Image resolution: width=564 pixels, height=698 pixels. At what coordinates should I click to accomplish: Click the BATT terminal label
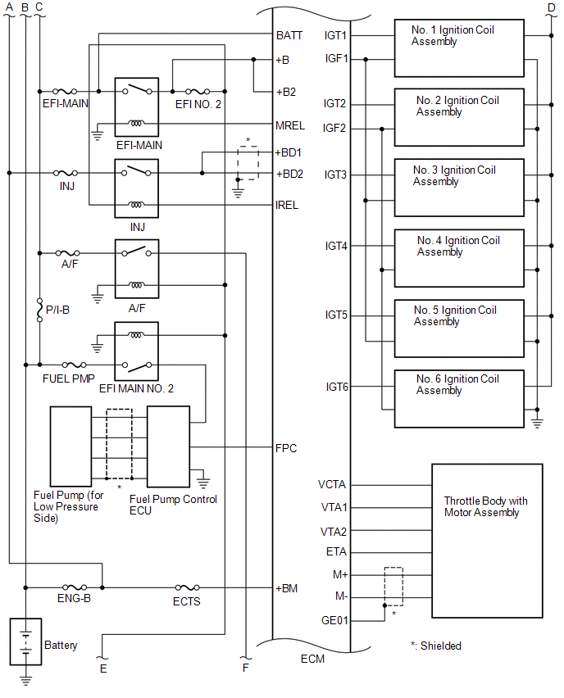click(289, 36)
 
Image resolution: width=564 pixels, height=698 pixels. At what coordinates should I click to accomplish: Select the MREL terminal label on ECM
click(291, 125)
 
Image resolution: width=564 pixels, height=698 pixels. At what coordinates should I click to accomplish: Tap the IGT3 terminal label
click(335, 174)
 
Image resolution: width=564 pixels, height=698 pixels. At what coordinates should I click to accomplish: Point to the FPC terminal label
click(287, 448)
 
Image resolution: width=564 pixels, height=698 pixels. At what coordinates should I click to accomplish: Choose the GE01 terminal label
click(335, 620)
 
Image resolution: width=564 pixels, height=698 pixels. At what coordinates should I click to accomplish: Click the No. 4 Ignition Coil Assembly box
click(458, 258)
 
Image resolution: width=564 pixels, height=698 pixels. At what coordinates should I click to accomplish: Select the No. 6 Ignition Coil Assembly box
click(458, 398)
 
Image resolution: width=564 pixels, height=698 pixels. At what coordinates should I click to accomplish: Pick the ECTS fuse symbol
click(187, 588)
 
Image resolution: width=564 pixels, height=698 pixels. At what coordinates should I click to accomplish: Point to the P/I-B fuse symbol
click(40, 310)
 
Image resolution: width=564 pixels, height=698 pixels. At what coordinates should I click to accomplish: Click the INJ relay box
click(137, 188)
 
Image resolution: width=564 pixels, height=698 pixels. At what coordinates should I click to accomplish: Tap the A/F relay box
click(137, 270)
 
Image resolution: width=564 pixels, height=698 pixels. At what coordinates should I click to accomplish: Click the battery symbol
click(25, 642)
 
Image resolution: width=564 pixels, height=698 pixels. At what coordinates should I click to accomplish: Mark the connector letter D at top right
click(551, 8)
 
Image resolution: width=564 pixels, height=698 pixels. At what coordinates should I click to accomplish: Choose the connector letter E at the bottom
click(102, 667)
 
